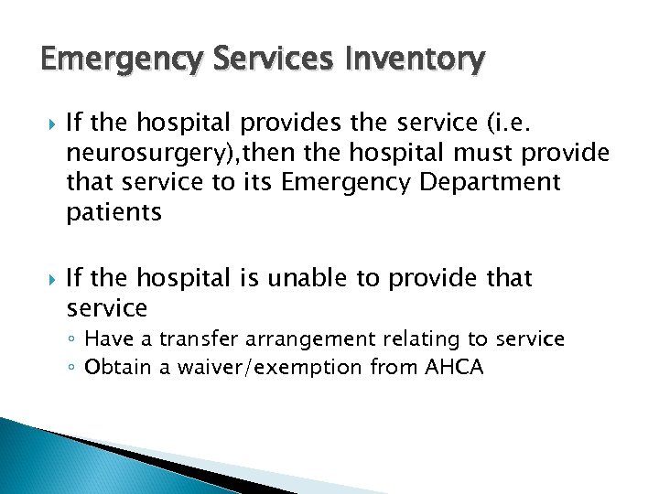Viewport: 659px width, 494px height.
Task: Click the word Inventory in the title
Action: [x=417, y=60]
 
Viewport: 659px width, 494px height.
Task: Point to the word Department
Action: [x=491, y=183]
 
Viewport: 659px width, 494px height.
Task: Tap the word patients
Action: [x=113, y=212]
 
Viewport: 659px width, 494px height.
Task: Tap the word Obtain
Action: [x=113, y=367]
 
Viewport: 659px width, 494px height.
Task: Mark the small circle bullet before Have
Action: [x=74, y=340]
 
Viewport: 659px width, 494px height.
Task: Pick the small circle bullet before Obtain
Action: [x=74, y=368]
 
